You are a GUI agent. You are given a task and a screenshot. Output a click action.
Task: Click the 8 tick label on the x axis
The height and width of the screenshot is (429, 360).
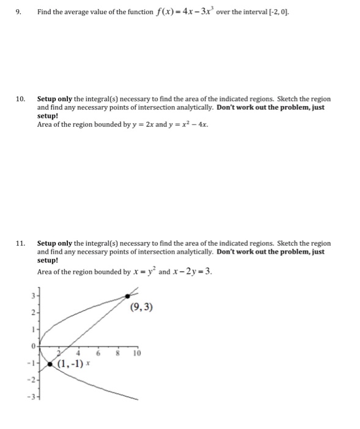coord(116,354)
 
